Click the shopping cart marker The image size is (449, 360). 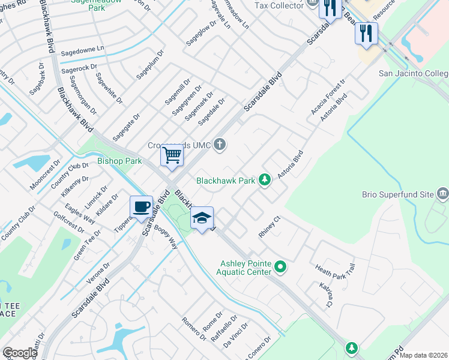coord(172,155)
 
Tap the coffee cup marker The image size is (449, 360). coord(141,207)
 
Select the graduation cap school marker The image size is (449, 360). coord(202,218)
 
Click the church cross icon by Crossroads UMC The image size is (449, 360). coord(220,144)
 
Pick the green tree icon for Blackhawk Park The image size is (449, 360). coord(264,179)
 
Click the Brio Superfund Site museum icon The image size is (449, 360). coord(443,194)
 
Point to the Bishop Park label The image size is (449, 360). coord(119,161)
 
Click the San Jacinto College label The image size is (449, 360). coord(414,74)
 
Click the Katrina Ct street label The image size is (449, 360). coord(325,295)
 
